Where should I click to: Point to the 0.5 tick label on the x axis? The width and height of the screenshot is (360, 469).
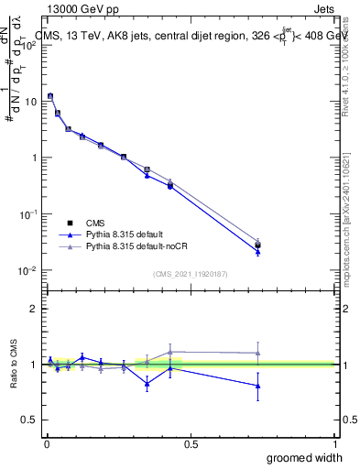point(191,443)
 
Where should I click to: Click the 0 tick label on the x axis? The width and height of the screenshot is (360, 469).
point(47,443)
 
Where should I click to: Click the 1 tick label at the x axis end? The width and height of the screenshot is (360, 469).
point(334,443)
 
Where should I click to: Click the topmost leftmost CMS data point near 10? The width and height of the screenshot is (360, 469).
point(50,96)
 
